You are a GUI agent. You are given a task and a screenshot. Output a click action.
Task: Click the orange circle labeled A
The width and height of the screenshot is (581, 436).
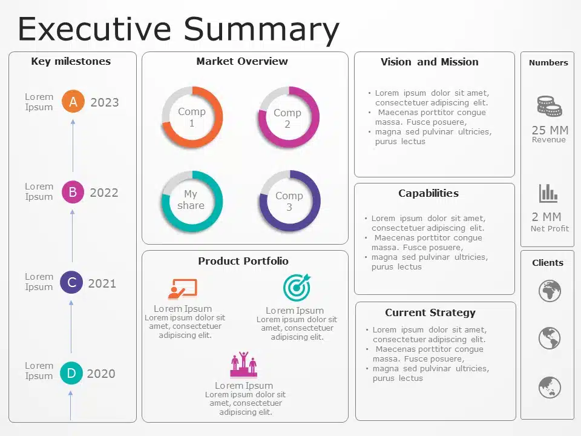pyautogui.click(x=73, y=101)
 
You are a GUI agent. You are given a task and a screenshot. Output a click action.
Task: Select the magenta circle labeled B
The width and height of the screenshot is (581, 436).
pyautogui.click(x=73, y=192)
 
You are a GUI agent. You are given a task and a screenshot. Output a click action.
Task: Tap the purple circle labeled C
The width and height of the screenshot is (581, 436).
pyautogui.click(x=71, y=283)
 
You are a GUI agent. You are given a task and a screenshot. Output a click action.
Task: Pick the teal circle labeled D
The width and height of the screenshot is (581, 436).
pyautogui.click(x=71, y=373)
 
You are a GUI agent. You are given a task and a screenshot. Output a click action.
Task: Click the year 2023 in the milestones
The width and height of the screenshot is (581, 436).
pyautogui.click(x=105, y=102)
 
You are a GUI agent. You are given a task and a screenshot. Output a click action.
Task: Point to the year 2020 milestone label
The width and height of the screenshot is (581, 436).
pyautogui.click(x=101, y=374)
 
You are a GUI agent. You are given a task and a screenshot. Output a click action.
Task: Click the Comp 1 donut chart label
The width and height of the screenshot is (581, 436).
pyautogui.click(x=192, y=117)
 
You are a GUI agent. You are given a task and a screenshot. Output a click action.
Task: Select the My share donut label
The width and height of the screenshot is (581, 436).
pyautogui.click(x=191, y=199)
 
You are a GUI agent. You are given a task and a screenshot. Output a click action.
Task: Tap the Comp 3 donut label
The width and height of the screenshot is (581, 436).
pyautogui.click(x=289, y=201)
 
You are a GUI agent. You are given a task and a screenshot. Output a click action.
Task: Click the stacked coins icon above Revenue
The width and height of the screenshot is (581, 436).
pyautogui.click(x=550, y=106)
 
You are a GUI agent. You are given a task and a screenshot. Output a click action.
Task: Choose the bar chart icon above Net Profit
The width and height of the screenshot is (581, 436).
pyautogui.click(x=548, y=194)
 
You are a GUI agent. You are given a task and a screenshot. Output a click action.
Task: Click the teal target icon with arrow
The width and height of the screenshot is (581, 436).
pyautogui.click(x=297, y=287)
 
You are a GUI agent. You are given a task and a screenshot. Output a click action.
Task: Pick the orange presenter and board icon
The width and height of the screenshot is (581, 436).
pyautogui.click(x=182, y=289)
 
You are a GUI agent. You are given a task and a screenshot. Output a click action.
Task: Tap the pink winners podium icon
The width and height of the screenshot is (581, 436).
pyautogui.click(x=243, y=364)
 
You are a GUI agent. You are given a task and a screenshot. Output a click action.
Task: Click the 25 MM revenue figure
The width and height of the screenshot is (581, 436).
pyautogui.click(x=550, y=130)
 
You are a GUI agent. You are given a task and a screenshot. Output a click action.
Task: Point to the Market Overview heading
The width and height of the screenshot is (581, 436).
pyautogui.click(x=242, y=61)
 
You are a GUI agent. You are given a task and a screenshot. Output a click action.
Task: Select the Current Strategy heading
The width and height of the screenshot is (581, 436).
pyautogui.click(x=430, y=313)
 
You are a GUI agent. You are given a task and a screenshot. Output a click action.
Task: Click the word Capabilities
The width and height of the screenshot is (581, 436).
pyautogui.click(x=428, y=193)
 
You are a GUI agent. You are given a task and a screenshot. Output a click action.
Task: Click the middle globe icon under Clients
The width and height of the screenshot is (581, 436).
pyautogui.click(x=550, y=338)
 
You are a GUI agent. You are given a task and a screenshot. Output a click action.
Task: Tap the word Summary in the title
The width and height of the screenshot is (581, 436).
pyautogui.click(x=261, y=30)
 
